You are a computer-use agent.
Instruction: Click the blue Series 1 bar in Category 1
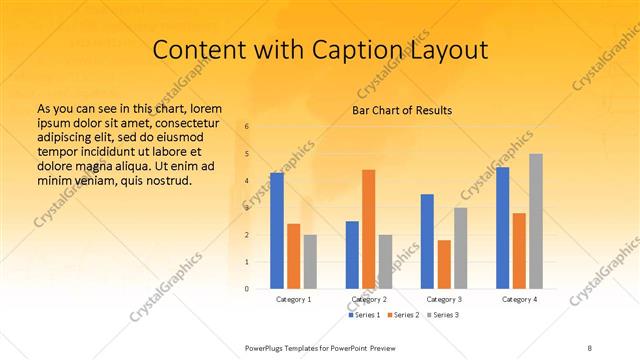(x=276, y=231)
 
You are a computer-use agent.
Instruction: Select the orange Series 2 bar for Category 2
(x=369, y=229)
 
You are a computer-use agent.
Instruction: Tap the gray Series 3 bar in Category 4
(x=536, y=221)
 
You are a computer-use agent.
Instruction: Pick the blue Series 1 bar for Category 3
(x=427, y=241)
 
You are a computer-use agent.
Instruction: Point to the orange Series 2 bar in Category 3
(x=444, y=264)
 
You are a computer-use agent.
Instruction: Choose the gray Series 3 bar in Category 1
(x=310, y=262)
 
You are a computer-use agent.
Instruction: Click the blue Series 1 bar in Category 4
(x=502, y=228)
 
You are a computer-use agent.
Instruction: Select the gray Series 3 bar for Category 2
(x=386, y=262)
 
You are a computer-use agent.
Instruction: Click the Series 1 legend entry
(x=364, y=315)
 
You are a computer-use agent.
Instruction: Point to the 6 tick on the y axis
(x=247, y=127)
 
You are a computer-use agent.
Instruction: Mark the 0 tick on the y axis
(x=247, y=289)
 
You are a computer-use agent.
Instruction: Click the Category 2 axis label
(x=369, y=299)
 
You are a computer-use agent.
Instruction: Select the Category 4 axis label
(x=519, y=299)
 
